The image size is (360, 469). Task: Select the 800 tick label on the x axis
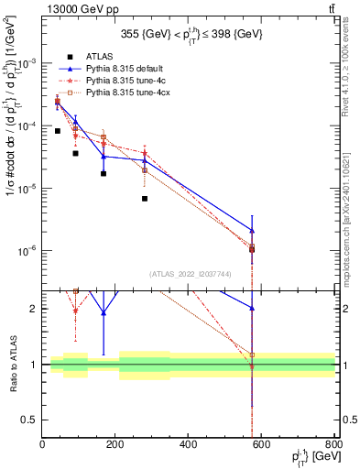(335, 444)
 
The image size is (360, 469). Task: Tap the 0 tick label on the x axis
(42, 444)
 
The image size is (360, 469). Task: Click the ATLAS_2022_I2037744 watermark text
(189, 274)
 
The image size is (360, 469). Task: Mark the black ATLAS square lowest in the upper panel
(252, 249)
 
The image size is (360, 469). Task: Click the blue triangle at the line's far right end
(252, 231)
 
